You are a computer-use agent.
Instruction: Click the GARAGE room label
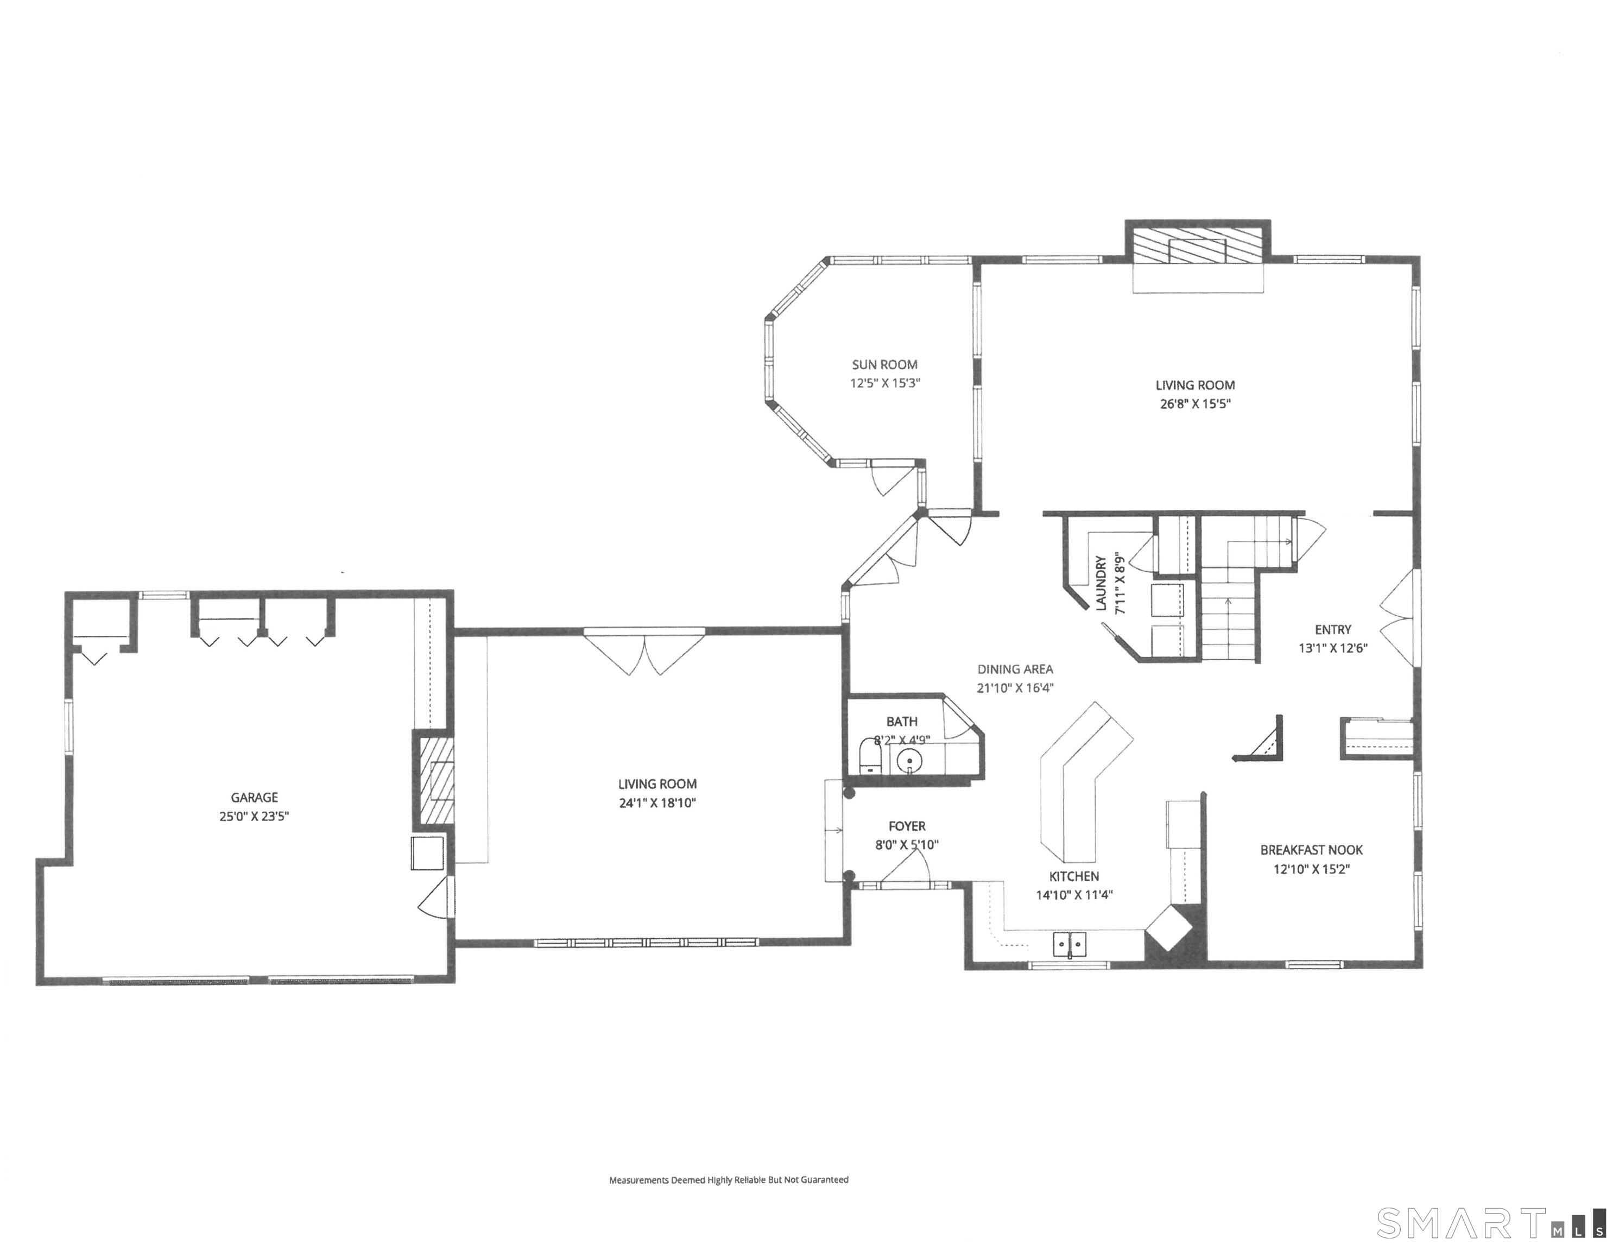[x=254, y=797]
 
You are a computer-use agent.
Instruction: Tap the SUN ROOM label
[x=884, y=365]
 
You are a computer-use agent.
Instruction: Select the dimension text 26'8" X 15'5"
[x=1195, y=404]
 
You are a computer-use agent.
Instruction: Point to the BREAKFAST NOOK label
[x=1311, y=850]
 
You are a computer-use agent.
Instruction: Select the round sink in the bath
[x=909, y=761]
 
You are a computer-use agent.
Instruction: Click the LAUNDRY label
[x=1102, y=584]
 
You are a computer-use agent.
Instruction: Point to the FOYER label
[x=907, y=826]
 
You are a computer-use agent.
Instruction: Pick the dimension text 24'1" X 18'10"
[x=657, y=803]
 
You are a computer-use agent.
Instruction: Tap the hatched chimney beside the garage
[x=434, y=780]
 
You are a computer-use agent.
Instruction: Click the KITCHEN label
[x=1074, y=876]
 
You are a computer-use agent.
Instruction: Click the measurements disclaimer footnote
[x=729, y=1180]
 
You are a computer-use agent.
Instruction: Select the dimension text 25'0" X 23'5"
[x=254, y=817]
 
